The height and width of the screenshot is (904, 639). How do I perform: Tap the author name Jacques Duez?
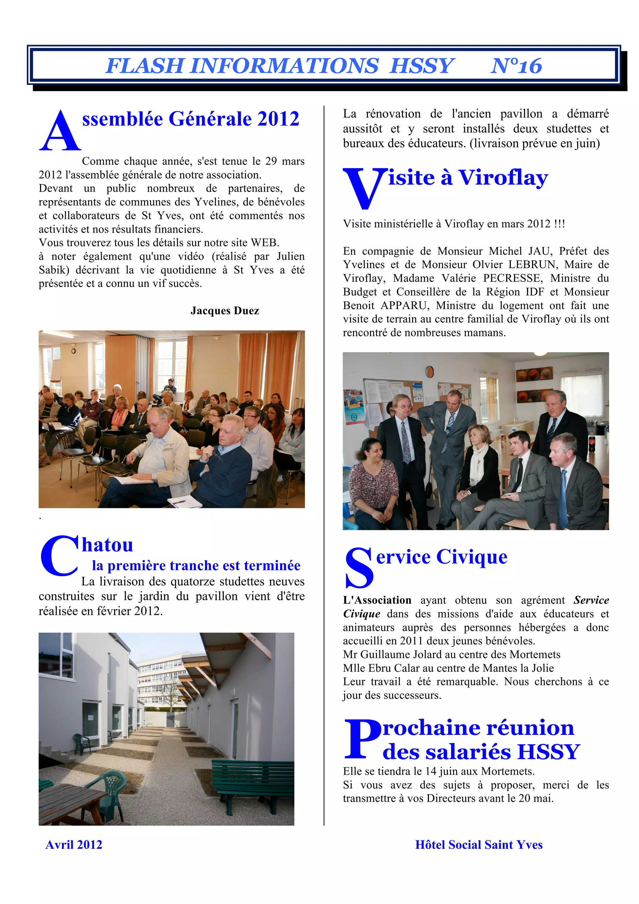[225, 311]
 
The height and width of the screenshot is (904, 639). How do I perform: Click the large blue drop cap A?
[60, 131]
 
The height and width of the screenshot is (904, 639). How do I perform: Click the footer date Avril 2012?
[74, 845]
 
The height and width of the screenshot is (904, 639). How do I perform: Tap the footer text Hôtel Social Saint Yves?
[479, 845]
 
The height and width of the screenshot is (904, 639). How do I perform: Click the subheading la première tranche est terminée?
[196, 565]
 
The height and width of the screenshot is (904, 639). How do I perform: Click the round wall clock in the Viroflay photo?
[430, 371]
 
